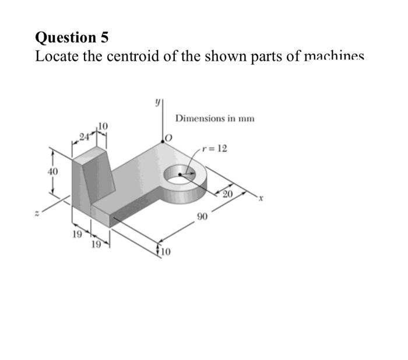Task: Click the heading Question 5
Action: coord(72,38)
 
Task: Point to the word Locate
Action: coord(56,57)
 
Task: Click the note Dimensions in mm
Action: coord(215,118)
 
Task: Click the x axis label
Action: coord(262,198)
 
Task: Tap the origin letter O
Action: coord(169,137)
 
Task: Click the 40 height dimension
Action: coord(53,172)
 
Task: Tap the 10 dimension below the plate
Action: coord(163,252)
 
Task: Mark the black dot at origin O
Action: coord(163,141)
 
